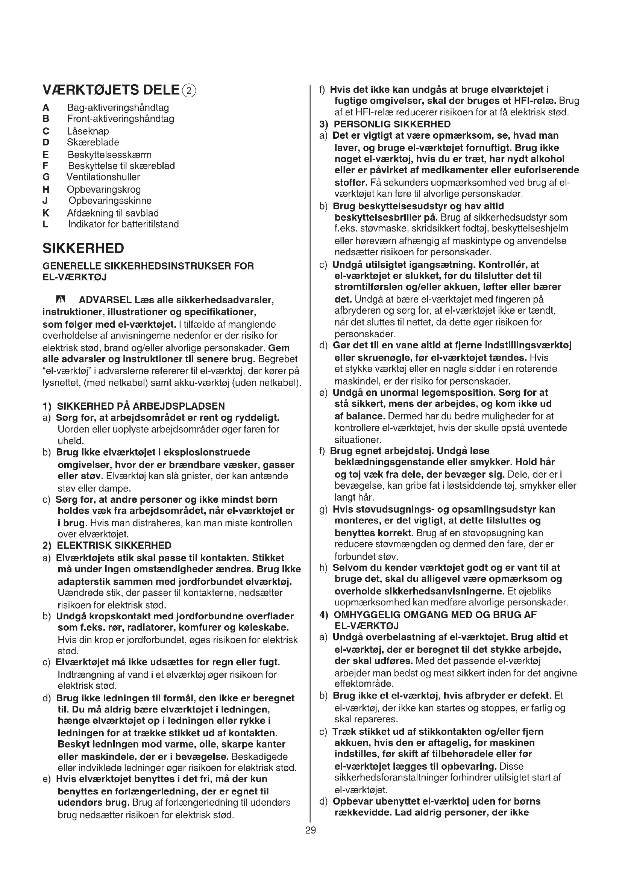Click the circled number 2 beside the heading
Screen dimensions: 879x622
(189, 91)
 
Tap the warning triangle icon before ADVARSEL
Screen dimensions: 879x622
(61, 300)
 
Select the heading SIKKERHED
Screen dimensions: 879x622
(83, 248)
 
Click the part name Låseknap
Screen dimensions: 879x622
(88, 131)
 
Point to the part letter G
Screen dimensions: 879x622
(46, 177)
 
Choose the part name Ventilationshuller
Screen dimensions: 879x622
(103, 177)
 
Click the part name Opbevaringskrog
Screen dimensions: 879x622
(104, 189)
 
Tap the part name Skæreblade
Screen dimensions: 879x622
(93, 142)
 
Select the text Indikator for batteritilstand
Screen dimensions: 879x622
(123, 224)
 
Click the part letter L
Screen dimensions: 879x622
(46, 224)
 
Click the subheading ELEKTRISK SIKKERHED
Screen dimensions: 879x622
(114, 545)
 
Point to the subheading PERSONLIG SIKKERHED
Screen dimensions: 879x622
(392, 124)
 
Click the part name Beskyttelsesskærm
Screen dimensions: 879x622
(109, 155)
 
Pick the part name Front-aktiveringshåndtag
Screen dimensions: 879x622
(121, 119)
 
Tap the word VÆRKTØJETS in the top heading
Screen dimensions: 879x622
(90, 90)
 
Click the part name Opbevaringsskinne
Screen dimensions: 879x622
(110, 201)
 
